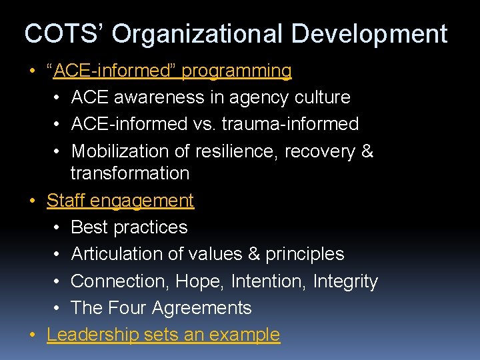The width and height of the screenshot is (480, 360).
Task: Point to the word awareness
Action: [158, 97]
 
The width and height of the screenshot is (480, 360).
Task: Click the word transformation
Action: [130, 173]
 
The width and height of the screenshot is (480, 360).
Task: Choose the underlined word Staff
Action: [65, 200]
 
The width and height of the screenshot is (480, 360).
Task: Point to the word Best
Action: [89, 227]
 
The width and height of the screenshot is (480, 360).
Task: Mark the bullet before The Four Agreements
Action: [57, 309]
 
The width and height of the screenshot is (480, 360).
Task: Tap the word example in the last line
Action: [247, 335]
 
